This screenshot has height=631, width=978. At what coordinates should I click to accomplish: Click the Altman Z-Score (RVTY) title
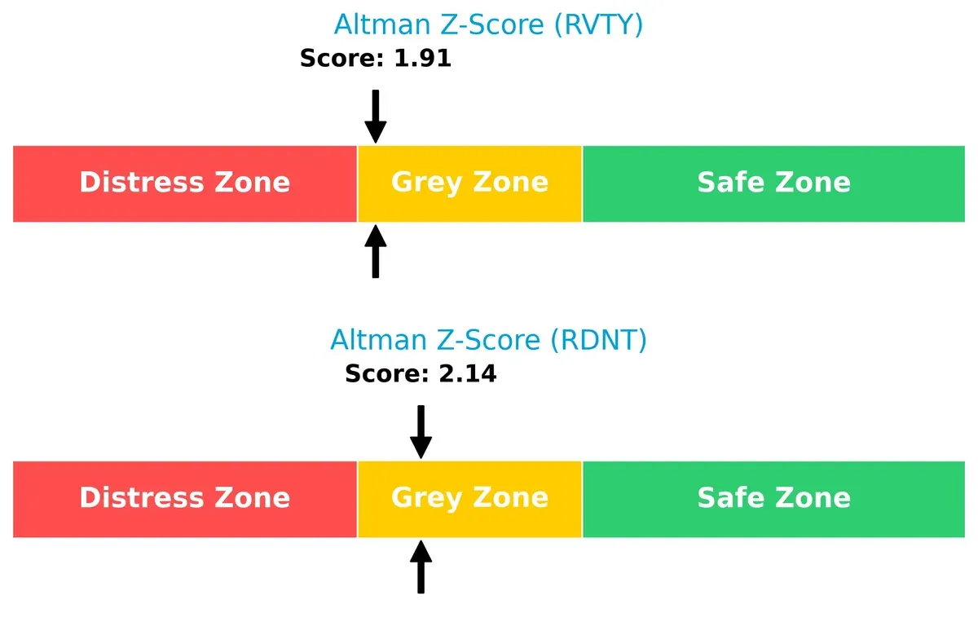[488, 24]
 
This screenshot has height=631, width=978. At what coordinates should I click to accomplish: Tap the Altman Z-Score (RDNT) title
[488, 340]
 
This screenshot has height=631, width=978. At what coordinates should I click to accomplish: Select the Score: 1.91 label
[375, 59]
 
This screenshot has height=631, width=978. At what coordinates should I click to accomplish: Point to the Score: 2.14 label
[421, 374]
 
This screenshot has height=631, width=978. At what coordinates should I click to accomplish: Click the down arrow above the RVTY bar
[375, 116]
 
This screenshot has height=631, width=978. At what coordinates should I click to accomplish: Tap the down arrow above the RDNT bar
[421, 431]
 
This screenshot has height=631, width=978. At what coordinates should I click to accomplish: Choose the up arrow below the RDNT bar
[421, 567]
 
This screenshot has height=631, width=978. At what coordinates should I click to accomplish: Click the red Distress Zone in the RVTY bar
[185, 183]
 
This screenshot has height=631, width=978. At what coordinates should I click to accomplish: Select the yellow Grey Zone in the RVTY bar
[469, 183]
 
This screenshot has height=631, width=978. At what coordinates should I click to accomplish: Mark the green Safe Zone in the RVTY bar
[773, 183]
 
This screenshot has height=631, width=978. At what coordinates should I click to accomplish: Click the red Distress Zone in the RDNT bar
[185, 498]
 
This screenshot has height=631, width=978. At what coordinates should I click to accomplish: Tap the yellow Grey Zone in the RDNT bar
[469, 498]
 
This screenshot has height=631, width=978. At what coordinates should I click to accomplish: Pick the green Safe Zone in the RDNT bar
[773, 498]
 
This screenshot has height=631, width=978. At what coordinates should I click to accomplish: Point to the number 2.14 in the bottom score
[467, 374]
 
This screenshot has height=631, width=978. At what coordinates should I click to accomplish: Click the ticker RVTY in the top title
[598, 24]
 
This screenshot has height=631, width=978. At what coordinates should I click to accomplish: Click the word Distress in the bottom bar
[138, 498]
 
